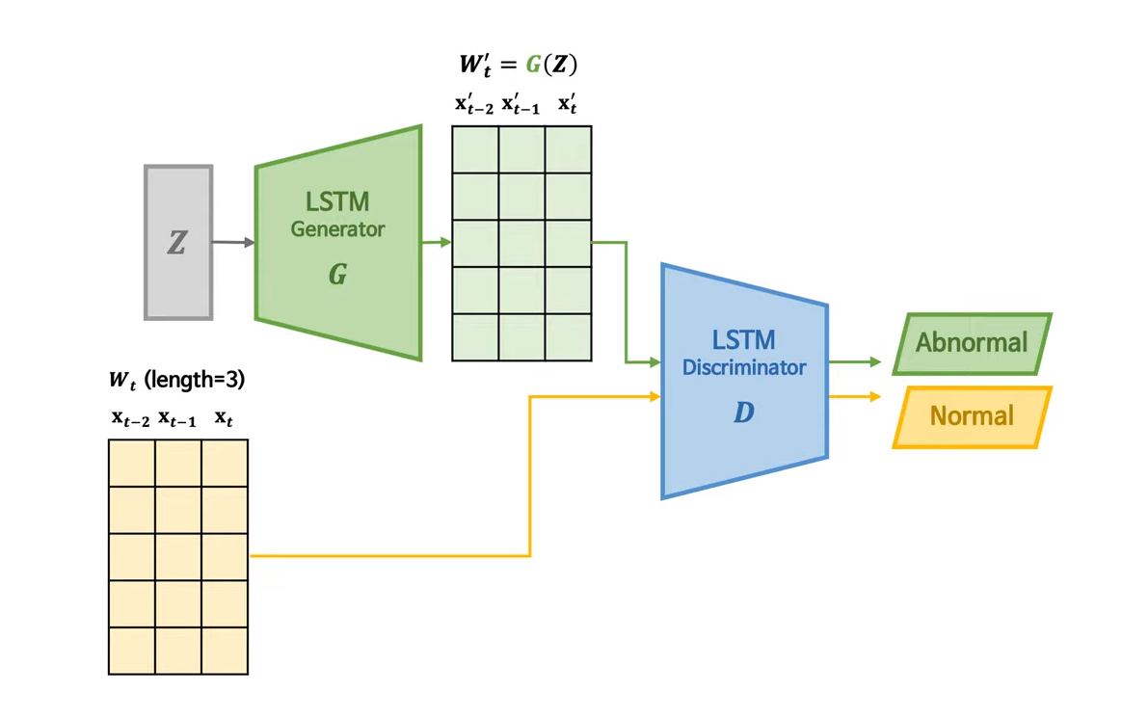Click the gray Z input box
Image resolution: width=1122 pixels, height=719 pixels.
(178, 242)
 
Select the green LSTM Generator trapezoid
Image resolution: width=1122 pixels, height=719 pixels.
(338, 243)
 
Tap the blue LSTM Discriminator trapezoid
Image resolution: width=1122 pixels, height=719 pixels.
(744, 381)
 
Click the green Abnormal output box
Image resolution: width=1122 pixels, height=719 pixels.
(972, 343)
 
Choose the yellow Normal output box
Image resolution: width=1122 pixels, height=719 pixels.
(972, 417)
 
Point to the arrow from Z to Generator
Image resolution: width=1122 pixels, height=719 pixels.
(233, 242)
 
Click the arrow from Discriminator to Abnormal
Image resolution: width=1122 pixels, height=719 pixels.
(855, 362)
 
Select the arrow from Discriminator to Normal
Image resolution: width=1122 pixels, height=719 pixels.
(855, 396)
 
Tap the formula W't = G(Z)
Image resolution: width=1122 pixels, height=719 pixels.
(518, 66)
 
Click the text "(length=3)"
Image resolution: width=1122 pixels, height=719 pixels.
(195, 380)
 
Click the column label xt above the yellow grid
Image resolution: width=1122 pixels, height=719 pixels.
(225, 418)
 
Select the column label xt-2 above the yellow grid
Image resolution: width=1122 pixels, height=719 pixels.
(131, 418)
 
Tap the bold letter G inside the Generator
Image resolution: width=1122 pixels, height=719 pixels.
(337, 276)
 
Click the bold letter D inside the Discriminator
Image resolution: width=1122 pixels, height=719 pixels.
(743, 413)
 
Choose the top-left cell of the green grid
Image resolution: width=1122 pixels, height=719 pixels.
(475, 149)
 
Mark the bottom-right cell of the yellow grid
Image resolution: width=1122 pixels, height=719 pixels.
(225, 651)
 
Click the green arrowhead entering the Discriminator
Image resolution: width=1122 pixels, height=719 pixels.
(654, 362)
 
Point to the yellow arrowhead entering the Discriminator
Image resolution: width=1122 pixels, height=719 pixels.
(654, 396)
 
